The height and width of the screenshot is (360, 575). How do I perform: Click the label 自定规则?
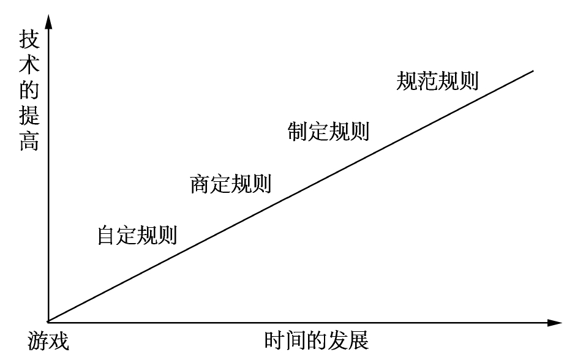tap(137, 235)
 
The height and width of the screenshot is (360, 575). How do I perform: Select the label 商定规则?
tap(231, 184)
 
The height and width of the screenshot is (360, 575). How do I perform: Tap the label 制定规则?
tap(328, 131)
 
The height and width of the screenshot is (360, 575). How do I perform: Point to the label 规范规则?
tap(437, 81)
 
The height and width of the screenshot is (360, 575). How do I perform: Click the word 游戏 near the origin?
tap(48, 340)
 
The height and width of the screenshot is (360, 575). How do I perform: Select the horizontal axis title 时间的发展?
tap(317, 340)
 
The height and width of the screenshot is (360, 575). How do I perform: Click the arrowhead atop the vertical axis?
tap(48, 21)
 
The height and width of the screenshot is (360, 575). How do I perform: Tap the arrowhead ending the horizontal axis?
tap(554, 323)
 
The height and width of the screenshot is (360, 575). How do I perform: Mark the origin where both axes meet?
tap(48, 323)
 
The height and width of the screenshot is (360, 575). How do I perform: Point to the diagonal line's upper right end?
tap(533, 70)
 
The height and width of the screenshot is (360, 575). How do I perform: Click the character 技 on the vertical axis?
tap(29, 39)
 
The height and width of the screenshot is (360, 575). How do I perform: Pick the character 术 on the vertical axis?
tap(29, 64)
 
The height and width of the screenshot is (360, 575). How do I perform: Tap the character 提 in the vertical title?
tap(29, 116)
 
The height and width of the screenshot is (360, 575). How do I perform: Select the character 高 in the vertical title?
tap(29, 141)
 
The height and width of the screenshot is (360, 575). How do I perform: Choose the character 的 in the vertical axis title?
tap(29, 90)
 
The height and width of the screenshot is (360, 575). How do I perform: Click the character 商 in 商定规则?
tap(200, 184)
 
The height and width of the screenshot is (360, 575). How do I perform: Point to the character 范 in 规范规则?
tap(427, 81)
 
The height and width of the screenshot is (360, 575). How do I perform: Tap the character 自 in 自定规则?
tap(107, 235)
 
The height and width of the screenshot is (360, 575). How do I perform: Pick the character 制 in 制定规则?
tap(298, 131)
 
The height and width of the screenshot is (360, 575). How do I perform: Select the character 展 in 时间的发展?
tap(359, 340)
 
